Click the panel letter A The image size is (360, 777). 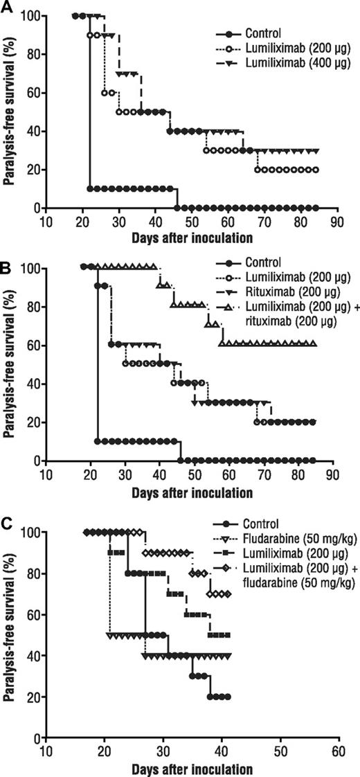pos(7,7)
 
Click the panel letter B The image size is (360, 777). pos(7,261)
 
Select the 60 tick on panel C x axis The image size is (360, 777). pos(339,751)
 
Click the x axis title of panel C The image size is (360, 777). pos(192,767)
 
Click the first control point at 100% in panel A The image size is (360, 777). pos(75,15)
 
